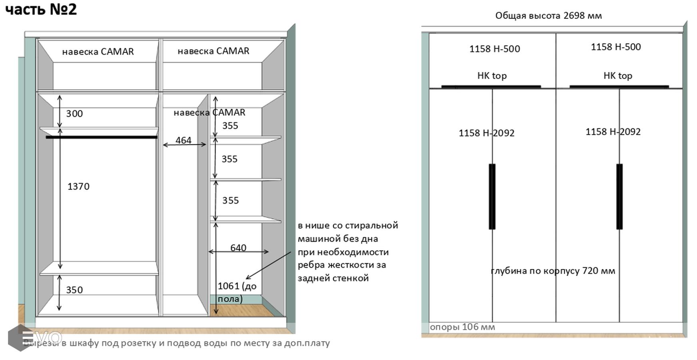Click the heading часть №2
pos(41,9)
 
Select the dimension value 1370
pos(78,186)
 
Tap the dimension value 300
pos(74,114)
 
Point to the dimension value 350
pos(74,290)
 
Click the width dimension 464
pos(184,140)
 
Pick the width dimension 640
pos(238,248)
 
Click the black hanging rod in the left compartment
pos(102,137)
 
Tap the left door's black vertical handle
pos(492,196)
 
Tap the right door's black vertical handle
pos(619,196)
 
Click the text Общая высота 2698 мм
pos(548,16)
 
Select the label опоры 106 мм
pos(462,327)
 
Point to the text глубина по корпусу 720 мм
pos(553,271)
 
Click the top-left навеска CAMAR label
pos(98,52)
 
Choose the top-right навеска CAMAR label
pos(213,51)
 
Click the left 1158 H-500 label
pos(495,49)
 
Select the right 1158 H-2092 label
pos(613,132)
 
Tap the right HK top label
pos(618,76)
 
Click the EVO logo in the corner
pos(36,337)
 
